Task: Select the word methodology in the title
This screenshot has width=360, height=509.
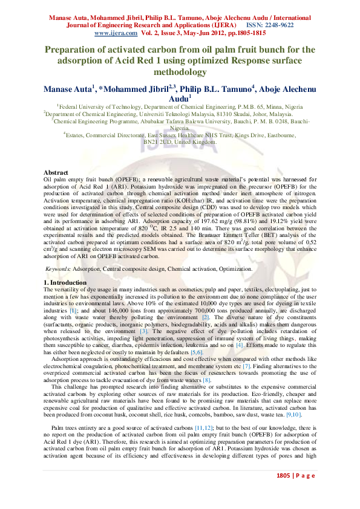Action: coord(180,72)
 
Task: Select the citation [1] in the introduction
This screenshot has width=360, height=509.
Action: coord(73,309)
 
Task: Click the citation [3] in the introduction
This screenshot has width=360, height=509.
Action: coord(143,332)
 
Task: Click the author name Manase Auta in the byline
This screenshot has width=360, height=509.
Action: coord(67,89)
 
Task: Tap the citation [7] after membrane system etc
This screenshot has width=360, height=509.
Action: coord(247,366)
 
